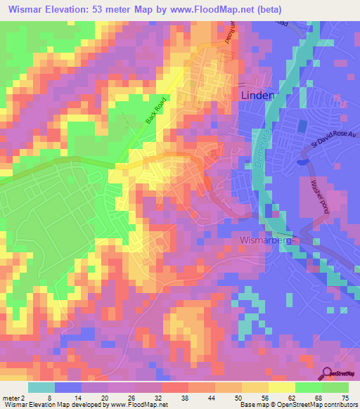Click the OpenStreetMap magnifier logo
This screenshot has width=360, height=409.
click(328, 372)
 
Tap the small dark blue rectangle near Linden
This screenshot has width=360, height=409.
click(302, 126)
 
